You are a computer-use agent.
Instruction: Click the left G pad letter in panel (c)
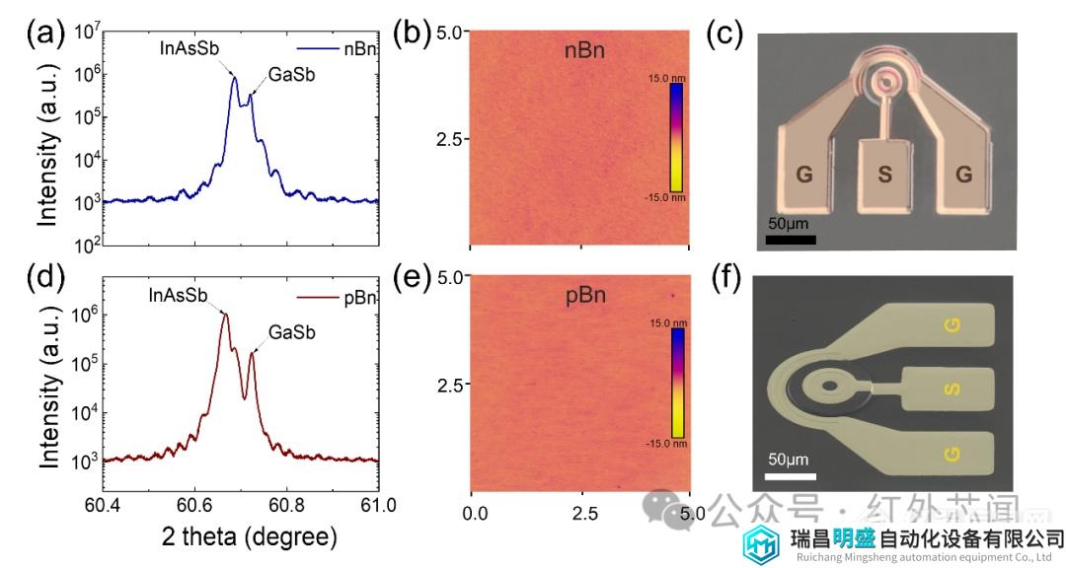[804, 177]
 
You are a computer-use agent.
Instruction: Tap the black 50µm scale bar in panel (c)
[790, 239]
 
